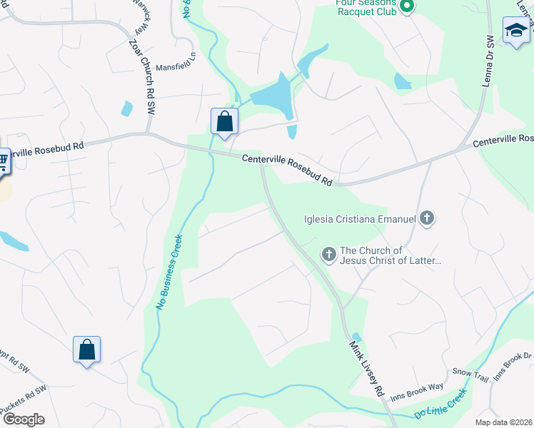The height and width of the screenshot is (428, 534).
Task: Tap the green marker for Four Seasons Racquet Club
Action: tap(407, 7)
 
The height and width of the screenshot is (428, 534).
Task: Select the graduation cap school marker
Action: tap(516, 31)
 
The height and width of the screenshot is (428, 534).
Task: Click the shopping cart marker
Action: tap(2, 162)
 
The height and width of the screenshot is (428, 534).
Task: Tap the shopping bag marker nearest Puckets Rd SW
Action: tap(86, 350)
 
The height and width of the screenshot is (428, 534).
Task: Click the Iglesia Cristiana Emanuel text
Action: tap(359, 218)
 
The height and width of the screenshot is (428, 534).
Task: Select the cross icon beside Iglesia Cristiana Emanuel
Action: tap(427, 218)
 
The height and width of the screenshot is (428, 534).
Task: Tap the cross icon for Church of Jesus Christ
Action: tap(328, 254)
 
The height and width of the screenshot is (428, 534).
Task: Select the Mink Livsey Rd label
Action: tap(367, 368)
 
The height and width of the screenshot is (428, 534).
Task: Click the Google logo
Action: tap(23, 419)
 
